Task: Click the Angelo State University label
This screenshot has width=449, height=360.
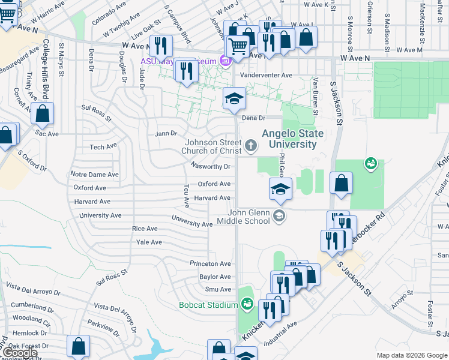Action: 292,139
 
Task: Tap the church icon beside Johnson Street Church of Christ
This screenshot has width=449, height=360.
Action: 251,145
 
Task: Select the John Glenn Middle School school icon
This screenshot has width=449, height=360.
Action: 278,215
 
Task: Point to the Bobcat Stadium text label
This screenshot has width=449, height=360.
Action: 208,305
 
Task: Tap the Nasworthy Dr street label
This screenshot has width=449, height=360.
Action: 211,166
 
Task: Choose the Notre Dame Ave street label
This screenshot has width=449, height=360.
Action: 95,175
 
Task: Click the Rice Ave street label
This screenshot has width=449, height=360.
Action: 145,229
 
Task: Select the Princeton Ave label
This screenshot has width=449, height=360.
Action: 210,263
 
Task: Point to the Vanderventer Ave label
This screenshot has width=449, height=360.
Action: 266,76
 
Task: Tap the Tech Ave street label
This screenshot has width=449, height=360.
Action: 103,147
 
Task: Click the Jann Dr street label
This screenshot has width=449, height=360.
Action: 166,133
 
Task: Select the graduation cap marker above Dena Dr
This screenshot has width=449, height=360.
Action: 234,99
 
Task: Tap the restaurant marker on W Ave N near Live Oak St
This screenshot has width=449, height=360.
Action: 160,46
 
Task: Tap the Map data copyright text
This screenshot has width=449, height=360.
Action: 411,355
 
